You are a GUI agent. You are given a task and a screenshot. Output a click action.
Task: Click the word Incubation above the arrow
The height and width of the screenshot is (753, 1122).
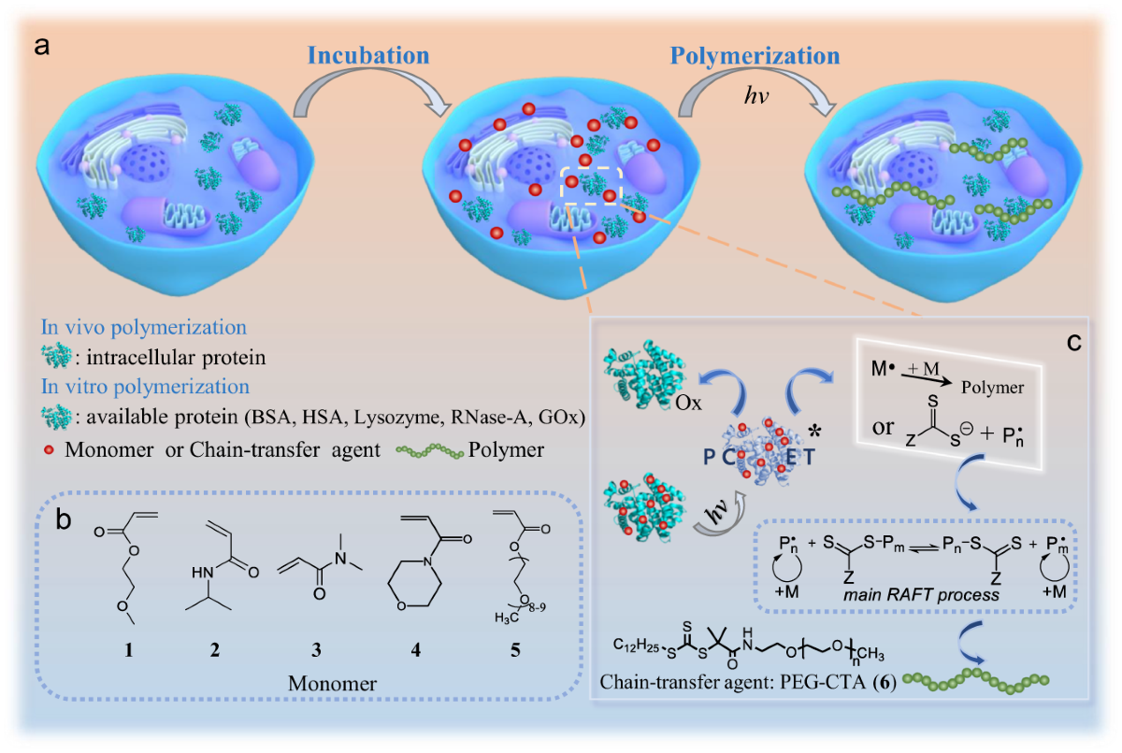pyautogui.click(x=369, y=54)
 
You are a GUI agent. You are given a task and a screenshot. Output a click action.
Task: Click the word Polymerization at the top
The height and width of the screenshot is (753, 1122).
pyautogui.click(x=741, y=54)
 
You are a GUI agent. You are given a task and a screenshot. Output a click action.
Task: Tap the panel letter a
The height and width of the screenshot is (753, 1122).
pyautogui.click(x=41, y=47)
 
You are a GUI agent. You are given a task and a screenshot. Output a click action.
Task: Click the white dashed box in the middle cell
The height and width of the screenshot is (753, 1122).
pyautogui.click(x=591, y=182)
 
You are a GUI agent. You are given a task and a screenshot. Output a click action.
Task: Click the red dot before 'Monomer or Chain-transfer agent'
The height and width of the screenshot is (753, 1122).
pyautogui.click(x=52, y=450)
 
